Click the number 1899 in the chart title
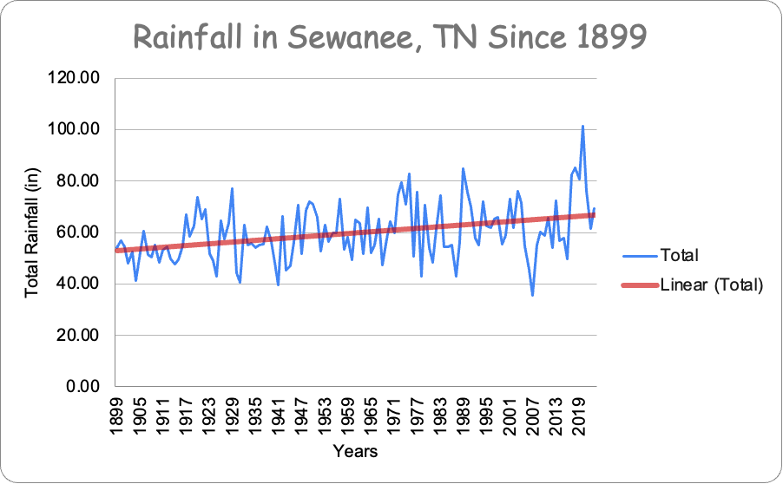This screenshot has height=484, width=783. coord(609,38)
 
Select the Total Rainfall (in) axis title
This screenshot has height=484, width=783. coord(33,232)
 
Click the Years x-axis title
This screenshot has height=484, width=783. coord(355,452)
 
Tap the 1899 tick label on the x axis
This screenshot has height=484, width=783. coord(116,415)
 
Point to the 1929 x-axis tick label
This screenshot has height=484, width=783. coord(232,415)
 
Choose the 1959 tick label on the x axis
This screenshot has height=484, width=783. coord(347,415)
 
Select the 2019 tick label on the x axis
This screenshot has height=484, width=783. coord(579,415)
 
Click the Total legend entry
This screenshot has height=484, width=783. coord(679,256)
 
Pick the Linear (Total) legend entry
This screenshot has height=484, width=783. coord(711,284)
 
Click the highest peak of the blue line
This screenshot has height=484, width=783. coord(582,126)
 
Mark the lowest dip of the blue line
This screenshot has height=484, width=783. coord(532,295)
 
